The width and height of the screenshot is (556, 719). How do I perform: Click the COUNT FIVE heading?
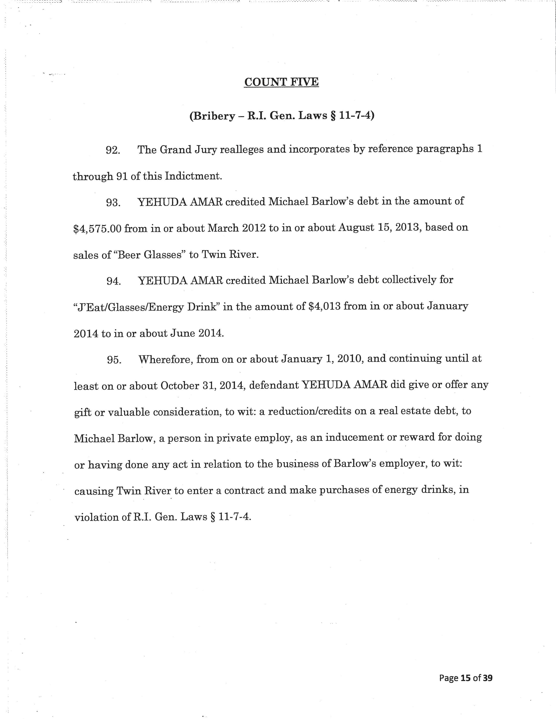pos(281,82)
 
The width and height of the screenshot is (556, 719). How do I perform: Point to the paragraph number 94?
pos(113,281)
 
